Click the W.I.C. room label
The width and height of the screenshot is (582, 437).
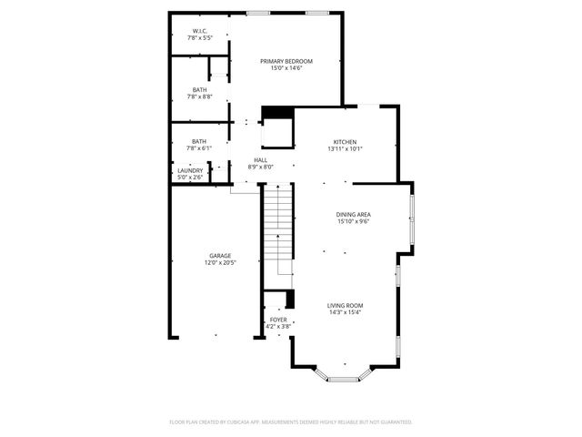[x=200, y=32]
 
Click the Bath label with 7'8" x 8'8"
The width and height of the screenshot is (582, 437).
[x=199, y=89]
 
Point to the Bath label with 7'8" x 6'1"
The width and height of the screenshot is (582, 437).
[x=199, y=141]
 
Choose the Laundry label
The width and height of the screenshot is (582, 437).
[x=190, y=170]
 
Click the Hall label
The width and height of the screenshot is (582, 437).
[x=261, y=160]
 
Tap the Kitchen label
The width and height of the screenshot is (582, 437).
[x=345, y=141]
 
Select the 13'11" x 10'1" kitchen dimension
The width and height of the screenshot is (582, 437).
[x=345, y=148]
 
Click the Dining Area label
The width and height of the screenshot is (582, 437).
[x=354, y=214]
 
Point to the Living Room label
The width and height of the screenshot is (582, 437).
[x=346, y=306]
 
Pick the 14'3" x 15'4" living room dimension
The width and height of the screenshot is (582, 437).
[x=346, y=313]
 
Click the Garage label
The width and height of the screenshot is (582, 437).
[x=220, y=256]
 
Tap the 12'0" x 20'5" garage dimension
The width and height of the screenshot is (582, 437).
[x=220, y=263]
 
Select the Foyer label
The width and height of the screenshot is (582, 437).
[x=278, y=320]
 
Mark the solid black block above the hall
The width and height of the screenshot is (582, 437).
[x=277, y=113]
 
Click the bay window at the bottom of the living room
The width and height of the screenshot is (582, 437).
[x=344, y=377]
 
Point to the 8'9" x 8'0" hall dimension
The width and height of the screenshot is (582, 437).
[x=261, y=168]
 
